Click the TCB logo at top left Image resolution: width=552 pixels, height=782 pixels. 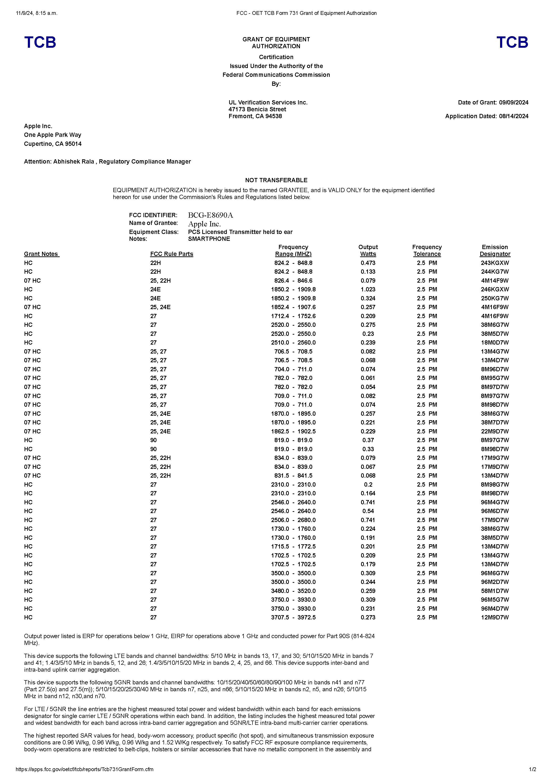tap(40, 42)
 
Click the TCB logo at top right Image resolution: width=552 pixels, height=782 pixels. tap(512, 42)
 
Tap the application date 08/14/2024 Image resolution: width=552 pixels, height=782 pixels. tap(514, 116)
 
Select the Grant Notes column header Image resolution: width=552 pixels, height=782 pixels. tap(42, 254)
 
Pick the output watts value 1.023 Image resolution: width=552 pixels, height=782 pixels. tap(368, 289)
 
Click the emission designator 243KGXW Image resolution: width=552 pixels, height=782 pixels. tap(495, 263)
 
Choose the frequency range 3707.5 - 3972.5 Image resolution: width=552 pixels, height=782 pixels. tap(293, 618)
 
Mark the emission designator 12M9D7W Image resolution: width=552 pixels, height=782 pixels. tap(495, 618)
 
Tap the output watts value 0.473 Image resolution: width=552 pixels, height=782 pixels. tap(368, 263)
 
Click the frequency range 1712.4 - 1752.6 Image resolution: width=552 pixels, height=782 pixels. tap(293, 316)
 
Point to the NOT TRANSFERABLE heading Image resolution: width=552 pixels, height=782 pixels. tap(276, 180)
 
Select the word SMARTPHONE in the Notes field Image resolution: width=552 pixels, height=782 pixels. tap(209, 239)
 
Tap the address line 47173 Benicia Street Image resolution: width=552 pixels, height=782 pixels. tap(257, 109)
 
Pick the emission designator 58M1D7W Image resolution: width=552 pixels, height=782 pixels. tap(495, 591)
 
